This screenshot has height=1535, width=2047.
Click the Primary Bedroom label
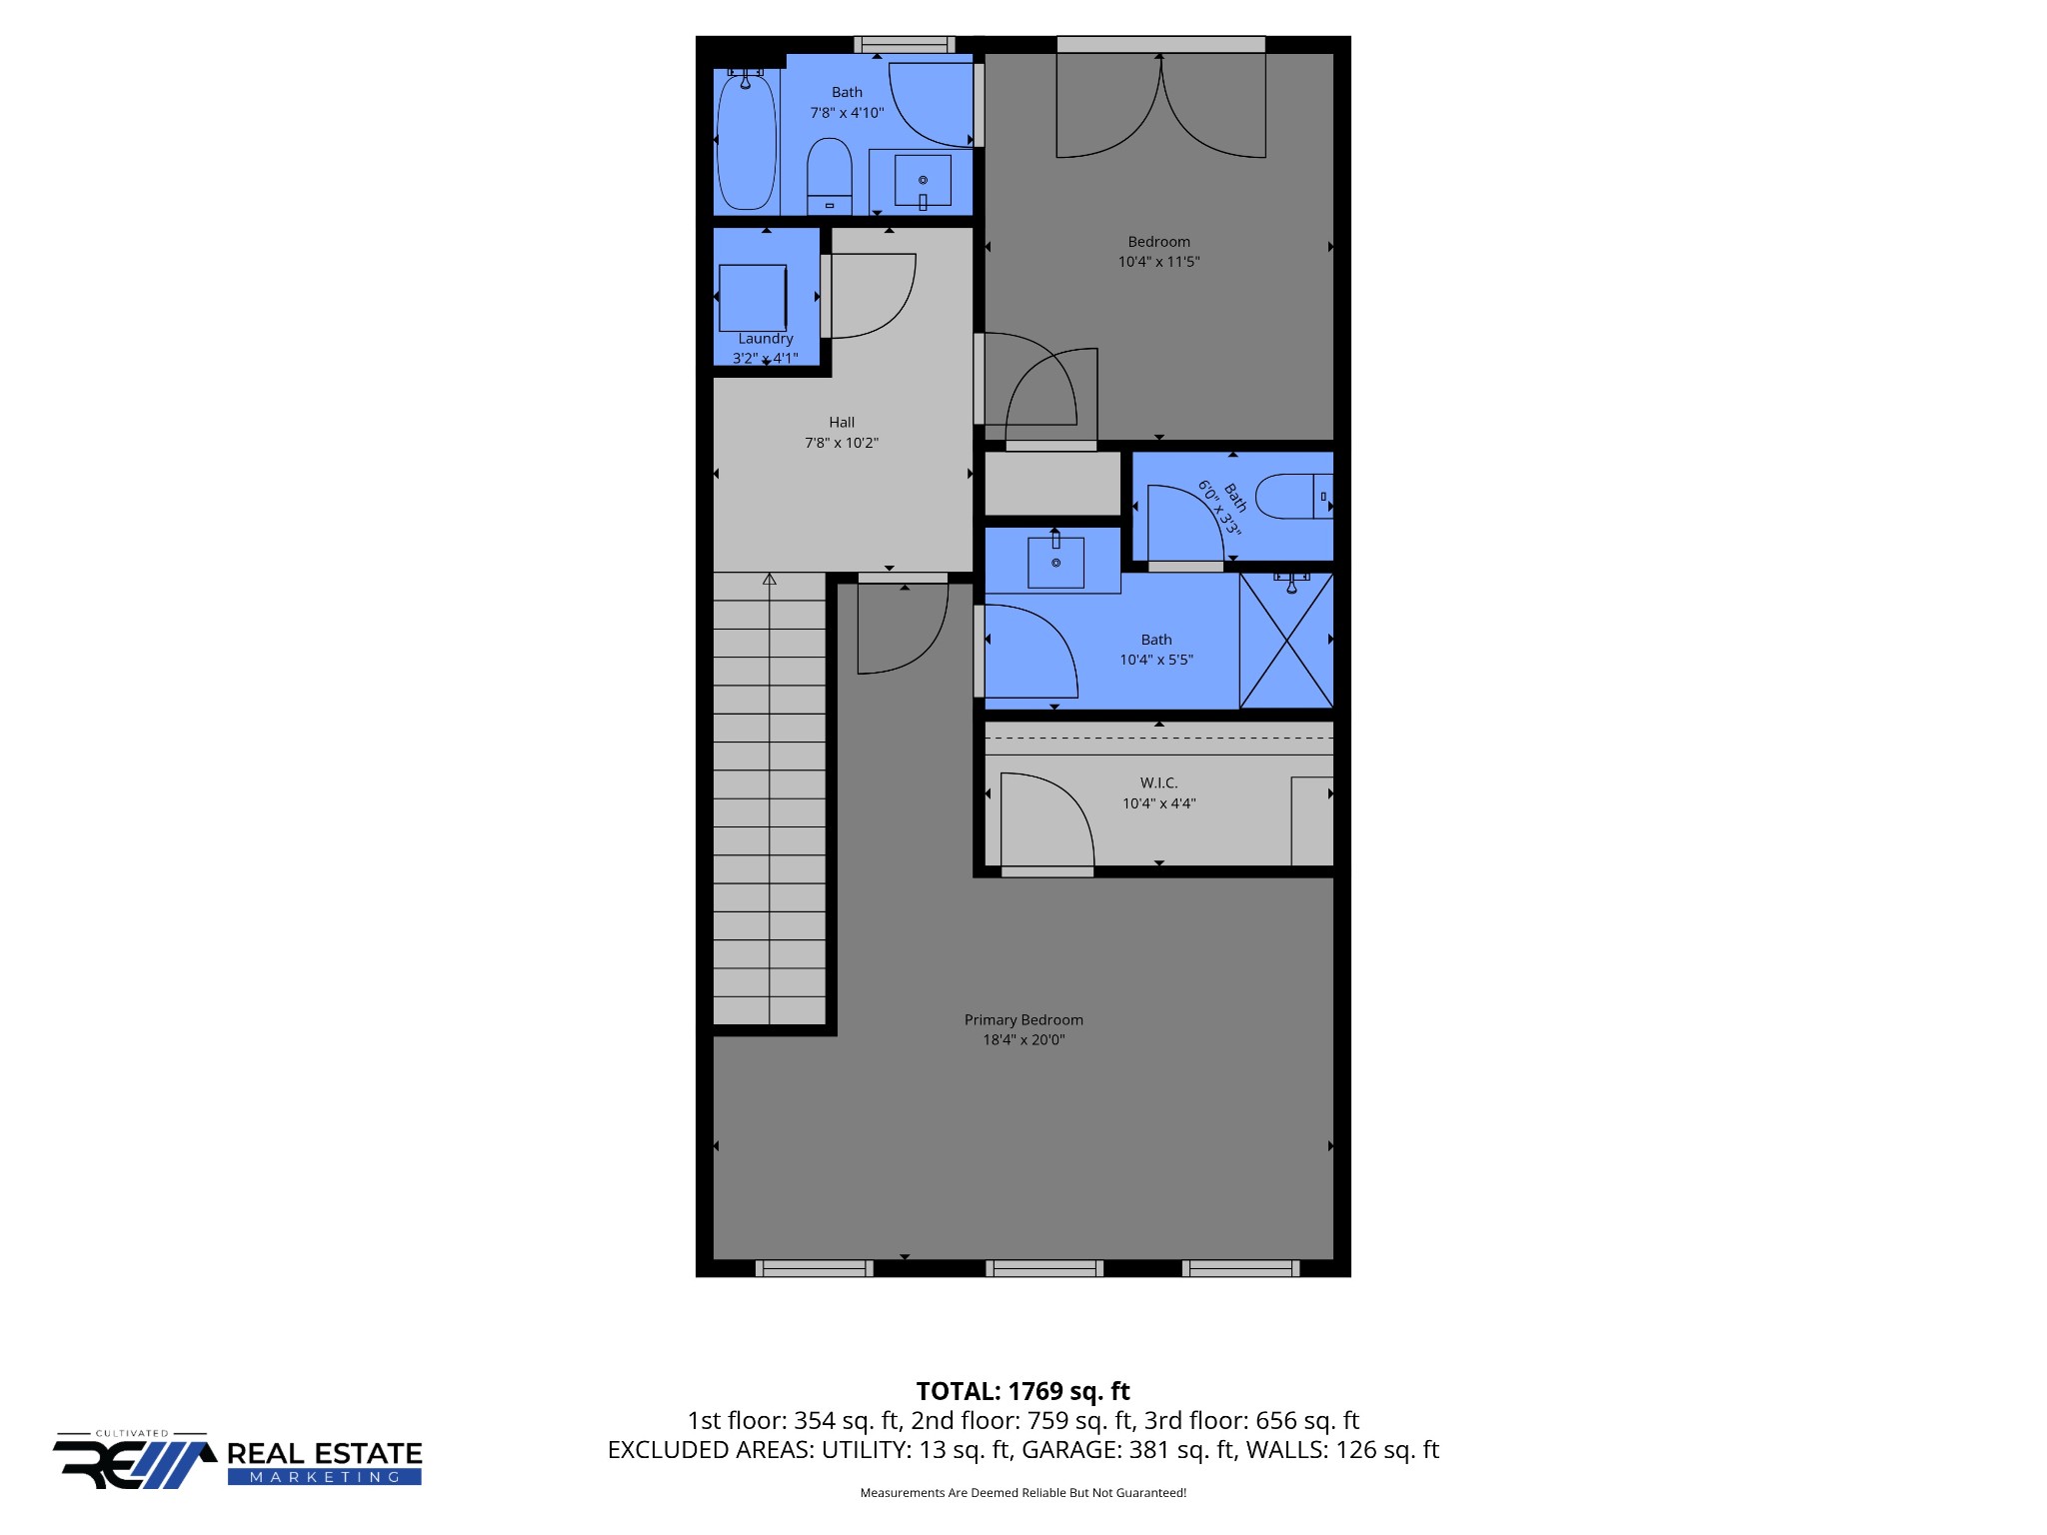pos(1023,1019)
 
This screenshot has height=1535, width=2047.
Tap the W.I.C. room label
pos(1158,782)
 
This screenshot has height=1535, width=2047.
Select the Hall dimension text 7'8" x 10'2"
pos(842,443)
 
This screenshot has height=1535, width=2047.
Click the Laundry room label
pos(766,339)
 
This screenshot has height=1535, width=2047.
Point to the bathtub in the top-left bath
pos(746,140)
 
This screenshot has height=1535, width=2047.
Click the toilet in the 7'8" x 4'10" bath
pos(830,175)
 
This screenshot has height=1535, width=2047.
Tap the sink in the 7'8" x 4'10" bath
pos(923,180)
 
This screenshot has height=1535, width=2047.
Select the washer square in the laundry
pos(753,297)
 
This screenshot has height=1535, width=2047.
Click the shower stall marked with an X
pos(1286,641)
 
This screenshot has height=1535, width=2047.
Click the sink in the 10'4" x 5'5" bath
pos(1055,563)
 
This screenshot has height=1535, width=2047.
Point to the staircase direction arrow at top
pos(770,580)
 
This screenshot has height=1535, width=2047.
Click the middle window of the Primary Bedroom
pos(1044,1268)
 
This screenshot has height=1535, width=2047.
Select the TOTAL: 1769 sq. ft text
pos(1023,1391)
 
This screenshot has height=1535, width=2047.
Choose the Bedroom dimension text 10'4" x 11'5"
pos(1158,262)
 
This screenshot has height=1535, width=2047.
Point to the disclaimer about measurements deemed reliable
pos(1023,1493)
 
